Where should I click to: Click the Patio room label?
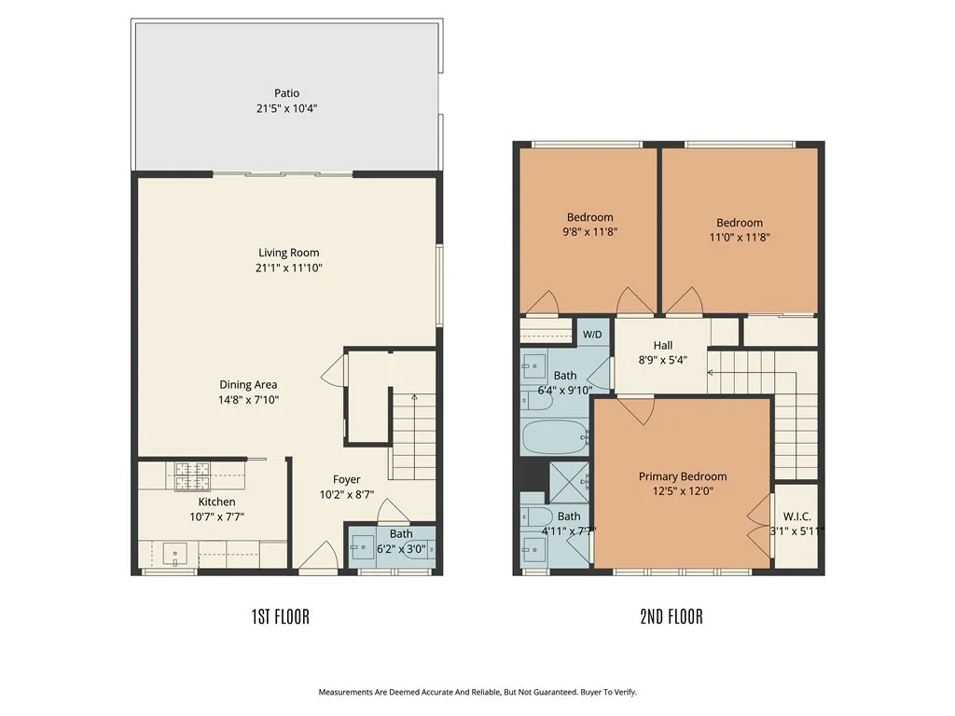pos(286,92)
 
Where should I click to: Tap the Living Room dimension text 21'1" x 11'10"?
pos(289,268)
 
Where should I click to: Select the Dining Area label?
pos(248,384)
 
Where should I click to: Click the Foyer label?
pos(339,480)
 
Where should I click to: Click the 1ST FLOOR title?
pos(280,616)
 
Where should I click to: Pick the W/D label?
pos(591,334)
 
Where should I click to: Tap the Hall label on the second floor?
pos(662,345)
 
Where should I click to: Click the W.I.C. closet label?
pos(797,516)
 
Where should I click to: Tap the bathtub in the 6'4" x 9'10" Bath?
pos(556,436)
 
